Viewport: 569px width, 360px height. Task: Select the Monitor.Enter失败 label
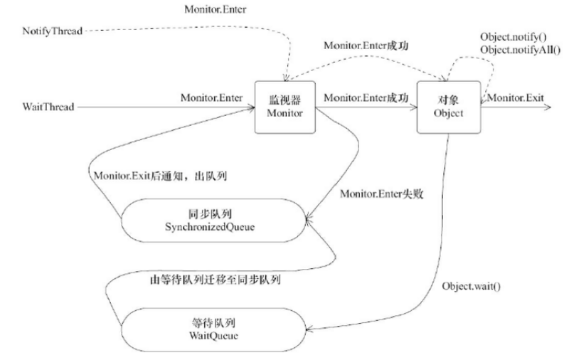click(x=381, y=194)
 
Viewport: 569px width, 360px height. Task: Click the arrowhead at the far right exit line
click(x=548, y=107)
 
